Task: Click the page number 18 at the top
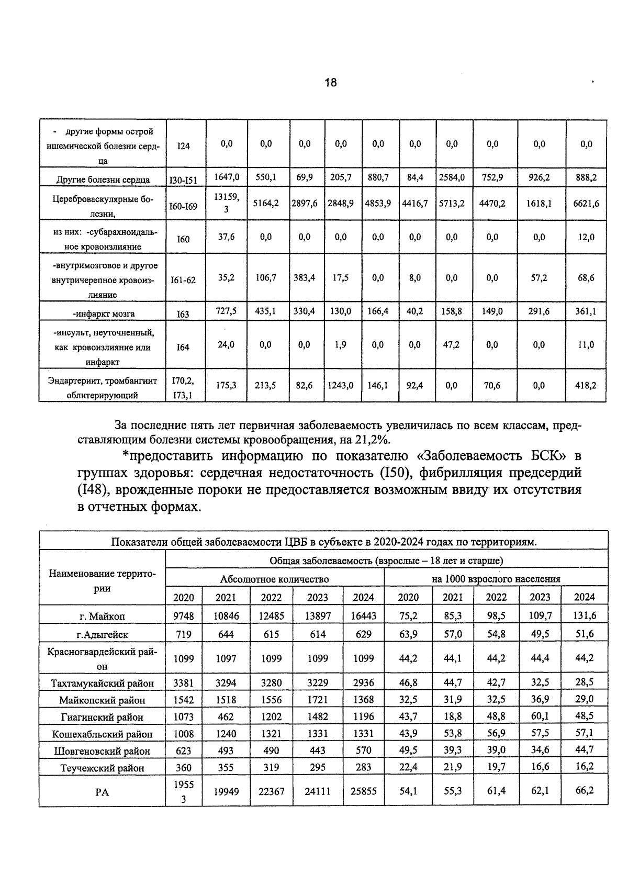click(x=330, y=83)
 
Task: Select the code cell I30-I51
click(x=183, y=180)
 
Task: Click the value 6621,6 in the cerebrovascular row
click(x=586, y=203)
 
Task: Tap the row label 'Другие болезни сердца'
click(x=103, y=180)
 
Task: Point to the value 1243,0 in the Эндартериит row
click(x=340, y=385)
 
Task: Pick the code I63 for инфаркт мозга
click(x=183, y=314)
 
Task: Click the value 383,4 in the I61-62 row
click(x=304, y=278)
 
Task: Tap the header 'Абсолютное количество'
click(x=274, y=579)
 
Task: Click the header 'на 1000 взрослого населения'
click(x=496, y=579)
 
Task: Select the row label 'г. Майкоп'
click(x=102, y=616)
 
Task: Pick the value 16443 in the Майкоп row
click(x=363, y=616)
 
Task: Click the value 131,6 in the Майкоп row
click(x=584, y=615)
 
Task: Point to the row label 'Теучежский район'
click(x=102, y=768)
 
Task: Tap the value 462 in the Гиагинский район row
click(x=226, y=717)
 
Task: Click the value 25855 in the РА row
click(x=363, y=791)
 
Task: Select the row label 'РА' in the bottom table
click(x=102, y=792)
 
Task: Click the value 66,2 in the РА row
click(x=584, y=790)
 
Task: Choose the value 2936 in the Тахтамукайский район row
click(x=363, y=683)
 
